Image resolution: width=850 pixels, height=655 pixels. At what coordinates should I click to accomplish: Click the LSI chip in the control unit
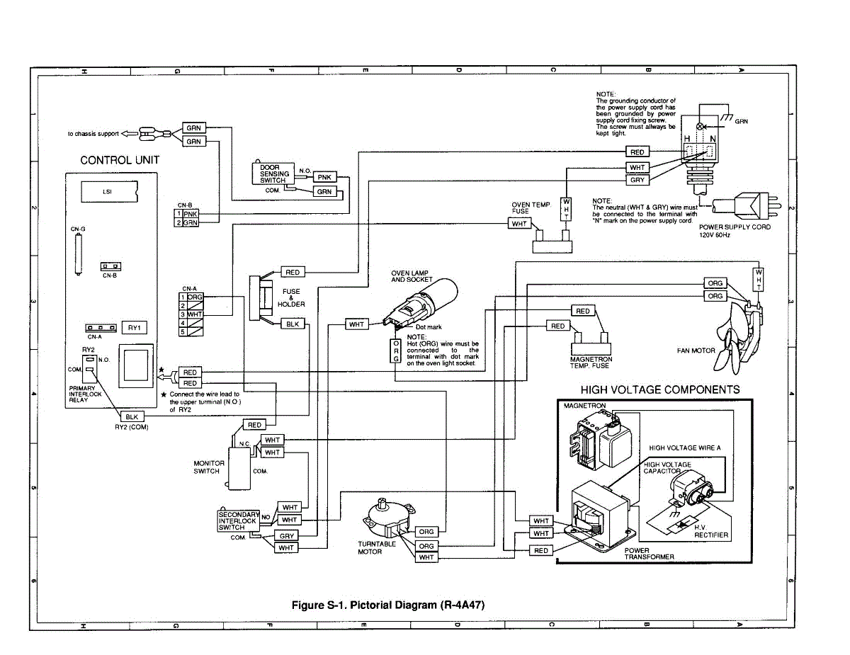point(106,191)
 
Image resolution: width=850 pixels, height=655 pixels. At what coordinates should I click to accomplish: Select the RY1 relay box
point(135,327)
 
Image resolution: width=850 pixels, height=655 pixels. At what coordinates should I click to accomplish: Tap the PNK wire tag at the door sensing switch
point(324,177)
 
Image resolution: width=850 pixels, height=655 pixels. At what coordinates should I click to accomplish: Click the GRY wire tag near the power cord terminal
point(637,180)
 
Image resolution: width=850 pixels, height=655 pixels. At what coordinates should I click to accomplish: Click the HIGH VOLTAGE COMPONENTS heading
point(660,389)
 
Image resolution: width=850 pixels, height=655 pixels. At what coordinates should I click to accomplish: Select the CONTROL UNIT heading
point(120,160)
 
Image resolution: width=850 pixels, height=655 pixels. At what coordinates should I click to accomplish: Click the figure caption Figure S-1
point(389,605)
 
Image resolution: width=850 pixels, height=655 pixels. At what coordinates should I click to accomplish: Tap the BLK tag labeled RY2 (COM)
point(132,417)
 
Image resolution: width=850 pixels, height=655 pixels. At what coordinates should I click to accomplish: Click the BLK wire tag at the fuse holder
point(293,324)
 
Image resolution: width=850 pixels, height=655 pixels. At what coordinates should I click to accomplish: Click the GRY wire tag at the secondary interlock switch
point(286,536)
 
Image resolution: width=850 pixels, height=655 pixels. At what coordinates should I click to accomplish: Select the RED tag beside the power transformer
point(541,550)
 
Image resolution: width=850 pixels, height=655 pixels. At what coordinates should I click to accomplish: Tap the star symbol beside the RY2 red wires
point(162,370)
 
